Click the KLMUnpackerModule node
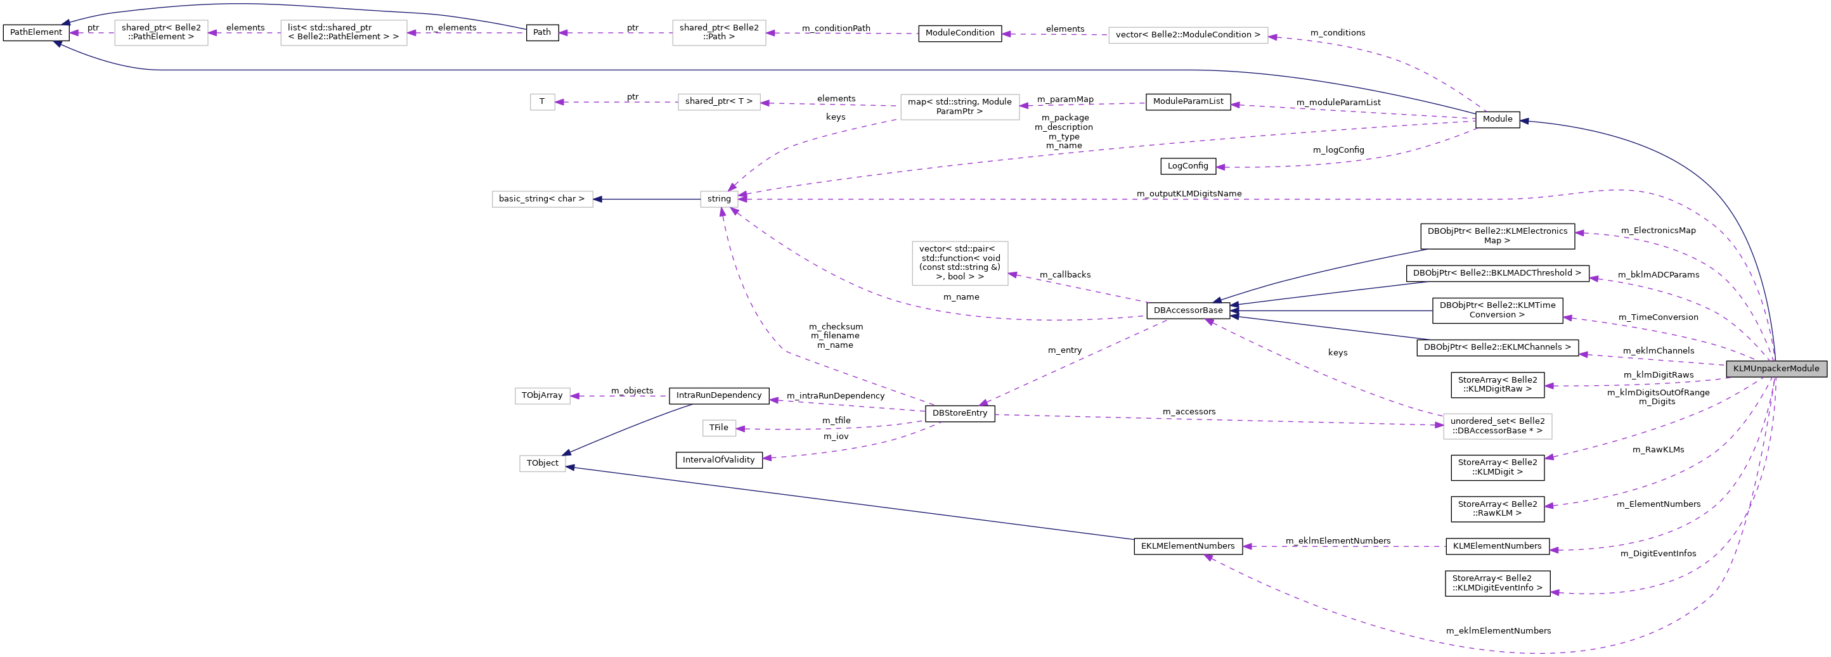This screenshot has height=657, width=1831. click(1776, 369)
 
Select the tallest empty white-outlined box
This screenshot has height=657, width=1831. click(960, 264)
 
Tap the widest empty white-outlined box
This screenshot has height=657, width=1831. click(1187, 35)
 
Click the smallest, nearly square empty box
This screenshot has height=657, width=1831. click(542, 102)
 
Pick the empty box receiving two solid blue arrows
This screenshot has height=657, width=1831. click(542, 463)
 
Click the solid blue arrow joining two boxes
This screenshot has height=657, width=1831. click(647, 199)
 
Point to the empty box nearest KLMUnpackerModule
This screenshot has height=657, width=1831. click(1497, 426)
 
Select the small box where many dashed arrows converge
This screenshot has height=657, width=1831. click(718, 199)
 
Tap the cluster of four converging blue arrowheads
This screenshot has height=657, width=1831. click(1234, 310)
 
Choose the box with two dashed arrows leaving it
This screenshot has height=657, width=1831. click(960, 107)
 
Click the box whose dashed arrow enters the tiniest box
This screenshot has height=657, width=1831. click(718, 102)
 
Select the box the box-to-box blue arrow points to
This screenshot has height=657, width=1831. click(542, 199)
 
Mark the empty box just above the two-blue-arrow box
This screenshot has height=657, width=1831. click(542, 395)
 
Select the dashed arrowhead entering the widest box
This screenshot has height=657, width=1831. click(1272, 37)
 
